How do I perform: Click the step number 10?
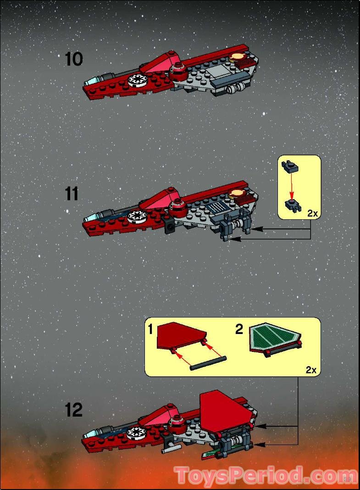(x=73, y=59)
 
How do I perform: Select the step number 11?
(x=72, y=194)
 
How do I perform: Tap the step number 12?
(x=73, y=409)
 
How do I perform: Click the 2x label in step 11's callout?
(x=312, y=213)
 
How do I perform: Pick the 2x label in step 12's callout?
(x=311, y=370)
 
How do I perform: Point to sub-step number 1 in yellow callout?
(x=151, y=329)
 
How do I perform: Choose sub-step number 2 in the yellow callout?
(x=239, y=329)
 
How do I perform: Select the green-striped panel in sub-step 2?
(x=275, y=339)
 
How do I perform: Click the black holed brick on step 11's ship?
(x=169, y=225)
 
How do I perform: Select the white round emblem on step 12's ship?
(x=135, y=432)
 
